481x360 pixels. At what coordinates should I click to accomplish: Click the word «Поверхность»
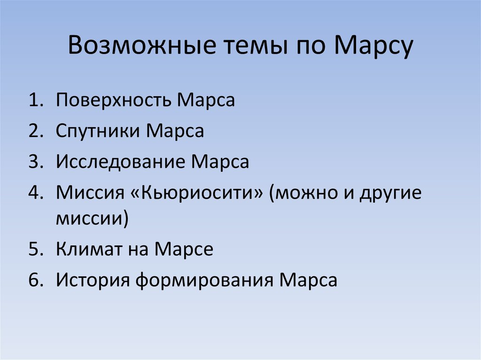pos(114,101)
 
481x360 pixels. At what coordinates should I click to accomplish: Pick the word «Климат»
pos(89,249)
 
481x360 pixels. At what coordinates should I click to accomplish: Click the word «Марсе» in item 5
pos(185,249)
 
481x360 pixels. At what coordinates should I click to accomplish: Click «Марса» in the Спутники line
pos(175,131)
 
